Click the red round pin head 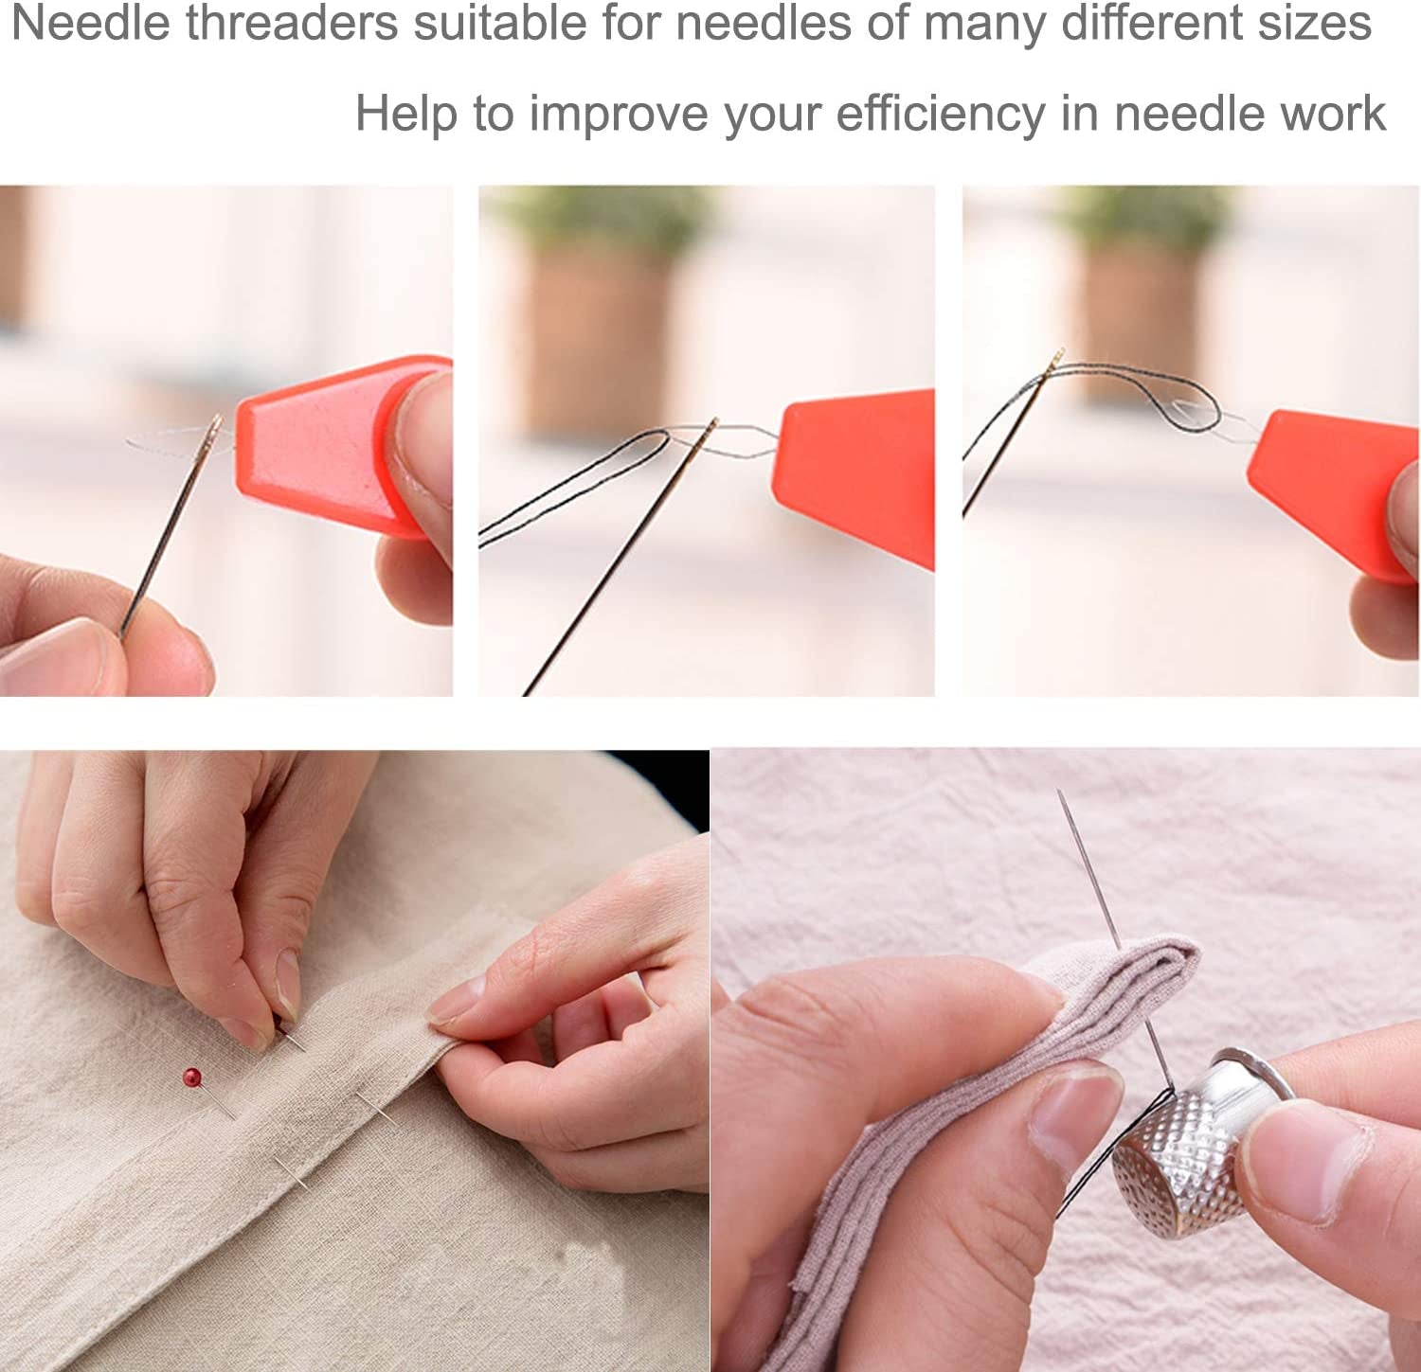[192, 1077]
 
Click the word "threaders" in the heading [292, 23]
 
